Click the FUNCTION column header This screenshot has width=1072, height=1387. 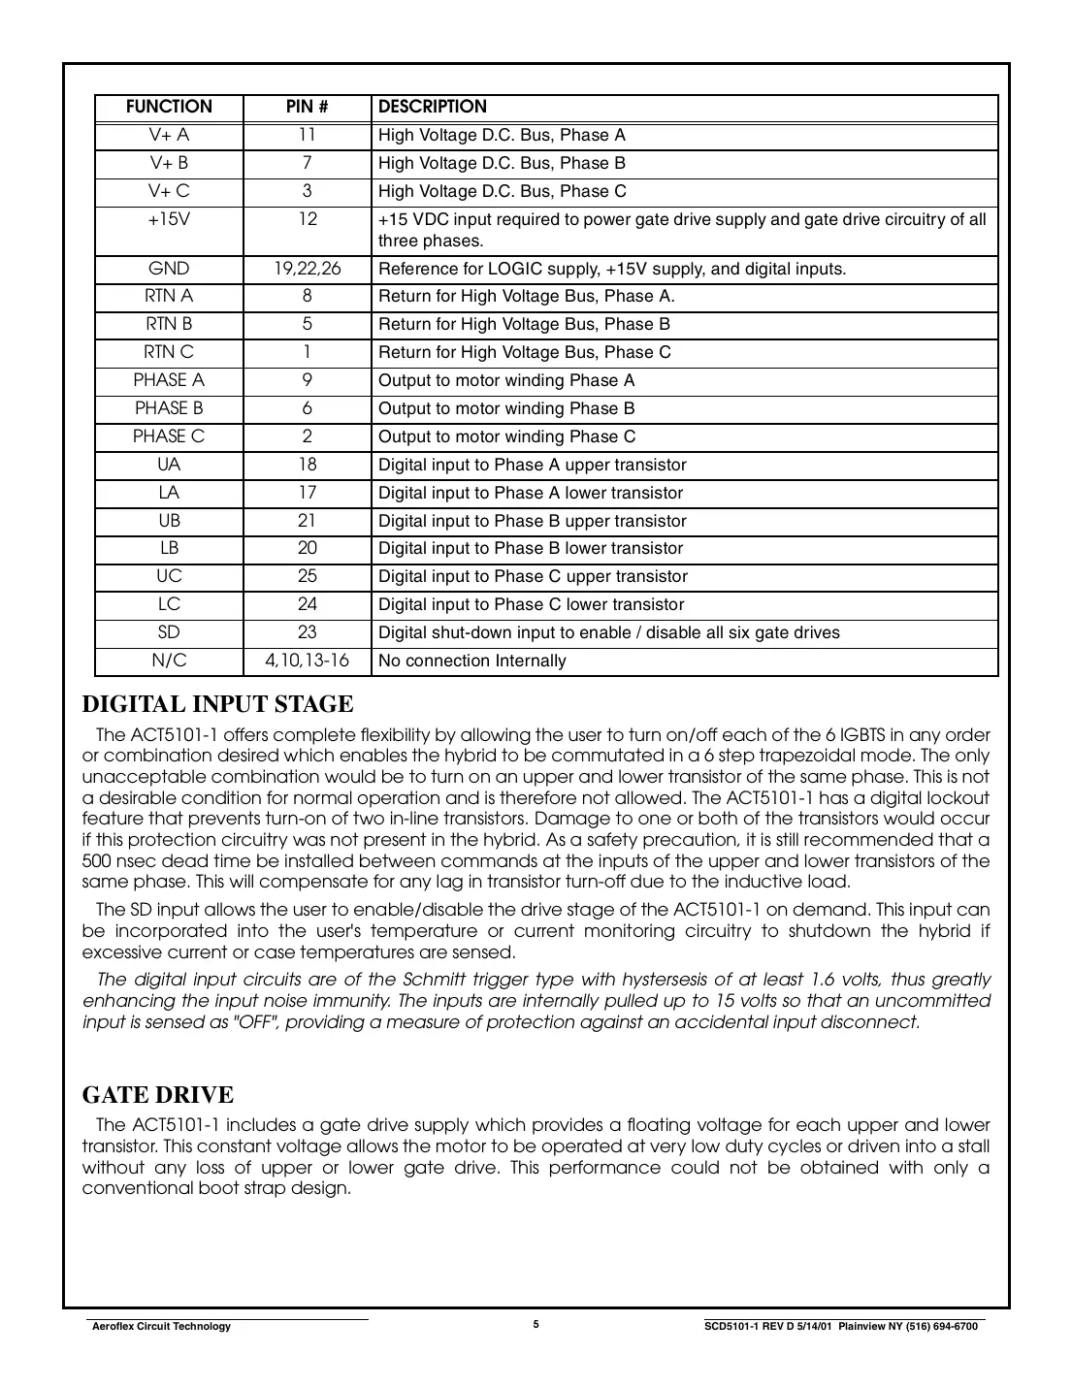coord(169,107)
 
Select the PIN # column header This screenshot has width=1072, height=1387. coord(307,107)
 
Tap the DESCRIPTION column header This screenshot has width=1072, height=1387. coord(432,107)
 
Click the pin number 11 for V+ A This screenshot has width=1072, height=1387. coord(307,135)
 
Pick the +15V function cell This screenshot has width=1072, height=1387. coord(169,219)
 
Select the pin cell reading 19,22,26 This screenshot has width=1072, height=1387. coord(307,269)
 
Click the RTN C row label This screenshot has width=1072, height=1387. coord(169,352)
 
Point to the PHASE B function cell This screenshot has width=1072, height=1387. coord(169,408)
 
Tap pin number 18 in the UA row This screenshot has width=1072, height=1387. coord(307,465)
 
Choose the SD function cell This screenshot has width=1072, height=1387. coord(169,632)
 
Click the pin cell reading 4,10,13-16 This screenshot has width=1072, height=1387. coord(307,661)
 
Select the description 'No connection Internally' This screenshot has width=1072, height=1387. coord(471,661)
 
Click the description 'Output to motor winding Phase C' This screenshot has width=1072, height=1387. coord(506,437)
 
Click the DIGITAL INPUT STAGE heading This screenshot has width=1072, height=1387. coord(217,704)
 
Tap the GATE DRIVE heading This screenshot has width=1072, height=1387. coord(158,1095)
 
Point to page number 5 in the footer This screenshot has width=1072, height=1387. coord(536,1324)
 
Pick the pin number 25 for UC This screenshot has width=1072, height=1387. coord(307,576)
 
